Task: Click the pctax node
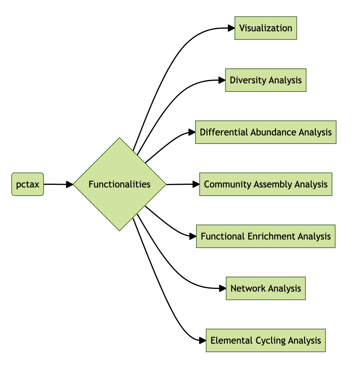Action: [x=27, y=184]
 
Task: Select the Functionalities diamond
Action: [x=120, y=184]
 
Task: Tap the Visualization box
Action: [x=266, y=28]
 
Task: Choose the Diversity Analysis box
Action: [x=266, y=80]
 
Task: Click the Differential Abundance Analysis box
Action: [x=266, y=132]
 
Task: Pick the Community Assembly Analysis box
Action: [x=266, y=184]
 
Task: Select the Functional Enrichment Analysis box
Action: [x=266, y=236]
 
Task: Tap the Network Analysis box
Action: [x=266, y=288]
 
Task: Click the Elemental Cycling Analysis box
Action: [x=266, y=340]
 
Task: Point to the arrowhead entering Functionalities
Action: [x=70, y=184]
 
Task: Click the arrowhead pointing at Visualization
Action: [x=231, y=28]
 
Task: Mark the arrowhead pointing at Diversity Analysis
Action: [x=222, y=80]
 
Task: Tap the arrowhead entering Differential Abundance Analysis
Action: [x=192, y=132]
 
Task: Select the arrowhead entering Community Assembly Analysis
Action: [x=196, y=184]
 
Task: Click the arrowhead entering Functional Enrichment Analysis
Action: [x=193, y=236]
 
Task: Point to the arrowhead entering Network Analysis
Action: [x=223, y=288]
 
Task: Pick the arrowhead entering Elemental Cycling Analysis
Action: [x=203, y=340]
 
